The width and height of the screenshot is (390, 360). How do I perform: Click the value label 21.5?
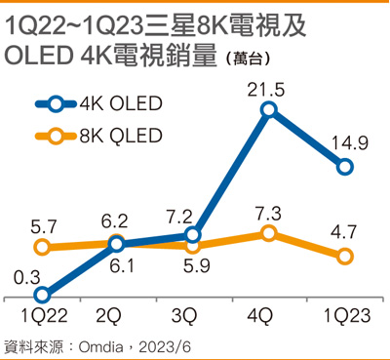point(266,89)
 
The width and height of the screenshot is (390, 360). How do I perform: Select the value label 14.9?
point(350,143)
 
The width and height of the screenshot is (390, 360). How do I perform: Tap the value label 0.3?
point(27,278)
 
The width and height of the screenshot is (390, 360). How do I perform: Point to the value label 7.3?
point(267,214)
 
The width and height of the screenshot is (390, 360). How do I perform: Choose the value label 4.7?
point(344,232)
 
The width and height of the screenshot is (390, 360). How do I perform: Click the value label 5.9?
point(197,265)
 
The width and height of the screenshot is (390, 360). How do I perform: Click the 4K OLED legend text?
point(121,103)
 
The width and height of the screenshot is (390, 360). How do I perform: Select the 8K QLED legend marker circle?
point(56,136)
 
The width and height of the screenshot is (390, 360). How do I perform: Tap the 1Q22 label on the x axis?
point(44,315)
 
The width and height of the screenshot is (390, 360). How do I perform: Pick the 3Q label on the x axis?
point(184,315)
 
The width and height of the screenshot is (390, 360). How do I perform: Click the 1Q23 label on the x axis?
point(347,315)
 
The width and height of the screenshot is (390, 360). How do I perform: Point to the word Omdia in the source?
point(100,347)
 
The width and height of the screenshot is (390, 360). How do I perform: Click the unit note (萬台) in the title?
point(248,59)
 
